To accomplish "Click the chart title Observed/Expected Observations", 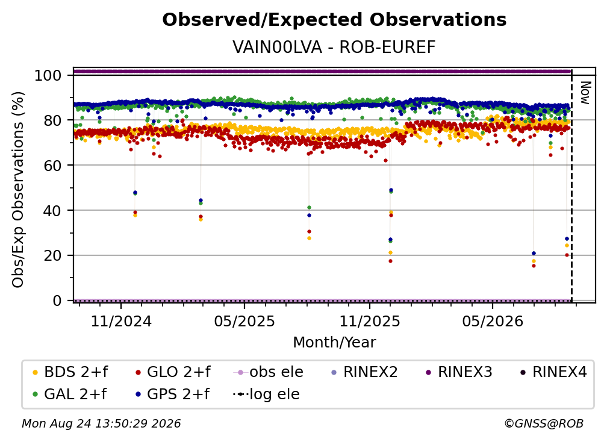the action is click(334, 20).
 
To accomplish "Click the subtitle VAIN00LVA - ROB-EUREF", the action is click(334, 47).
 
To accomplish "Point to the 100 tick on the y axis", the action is click(48, 75).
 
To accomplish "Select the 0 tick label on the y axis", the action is click(57, 300).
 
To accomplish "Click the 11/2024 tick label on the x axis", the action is click(121, 321).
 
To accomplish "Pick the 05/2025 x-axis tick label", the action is click(244, 321).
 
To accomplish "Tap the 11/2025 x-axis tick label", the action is click(370, 321).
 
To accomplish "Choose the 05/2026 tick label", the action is click(493, 321).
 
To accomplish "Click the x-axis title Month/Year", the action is click(334, 343).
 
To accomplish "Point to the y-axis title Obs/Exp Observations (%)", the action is click(18, 190).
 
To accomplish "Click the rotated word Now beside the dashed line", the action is click(585, 93).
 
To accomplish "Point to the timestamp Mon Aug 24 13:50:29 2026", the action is click(101, 424).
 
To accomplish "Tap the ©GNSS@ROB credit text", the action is click(544, 424).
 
